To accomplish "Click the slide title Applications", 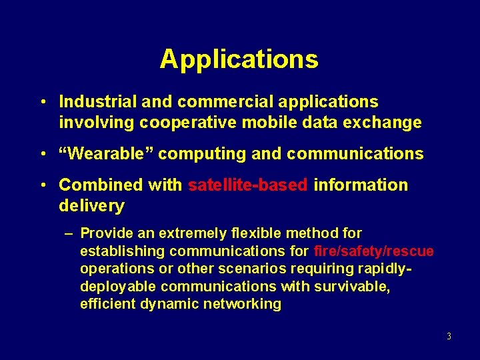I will [239, 59].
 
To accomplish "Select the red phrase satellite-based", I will [248, 185].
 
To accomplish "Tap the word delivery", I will [91, 205].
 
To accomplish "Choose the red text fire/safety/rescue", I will [373, 251].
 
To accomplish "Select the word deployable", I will [118, 287].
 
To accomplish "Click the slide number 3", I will [449, 336].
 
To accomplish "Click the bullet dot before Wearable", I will [42, 155].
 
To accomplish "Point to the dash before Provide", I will [69, 234].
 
